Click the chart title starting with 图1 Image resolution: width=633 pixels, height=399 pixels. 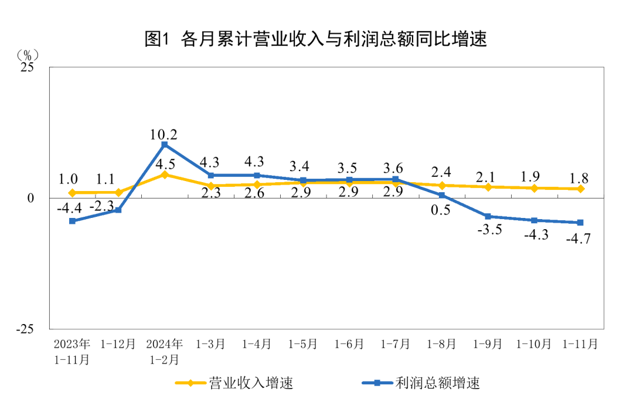pos(316,39)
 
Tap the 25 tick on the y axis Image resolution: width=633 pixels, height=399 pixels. pos(28,67)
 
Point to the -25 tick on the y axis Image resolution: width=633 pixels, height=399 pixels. pos(25,329)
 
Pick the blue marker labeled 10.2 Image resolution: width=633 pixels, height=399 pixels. pos(165,145)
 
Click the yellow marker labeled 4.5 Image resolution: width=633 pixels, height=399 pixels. pos(165,175)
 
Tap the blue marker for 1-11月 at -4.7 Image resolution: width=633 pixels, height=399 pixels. pos(580,223)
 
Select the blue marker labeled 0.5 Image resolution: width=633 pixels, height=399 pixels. pos(442,195)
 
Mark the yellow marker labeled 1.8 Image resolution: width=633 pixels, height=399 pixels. pos(580,189)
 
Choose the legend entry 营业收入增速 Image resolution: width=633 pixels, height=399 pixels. pos(234,383)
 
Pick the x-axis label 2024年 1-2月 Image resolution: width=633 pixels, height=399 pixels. pos(165,351)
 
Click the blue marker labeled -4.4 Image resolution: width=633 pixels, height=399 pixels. pos(72,221)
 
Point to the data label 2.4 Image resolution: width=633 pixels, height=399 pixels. pos(442,172)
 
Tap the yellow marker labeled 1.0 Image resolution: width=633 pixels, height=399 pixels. pos(72,193)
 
